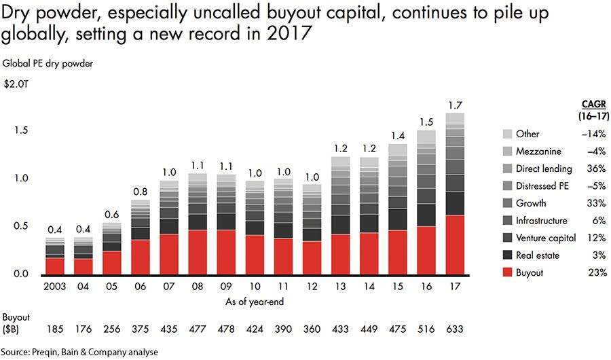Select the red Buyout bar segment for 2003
click(x=55, y=266)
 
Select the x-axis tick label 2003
click(x=54, y=286)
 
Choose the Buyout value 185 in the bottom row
click(x=55, y=329)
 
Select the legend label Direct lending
click(x=544, y=168)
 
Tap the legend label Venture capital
click(x=546, y=238)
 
